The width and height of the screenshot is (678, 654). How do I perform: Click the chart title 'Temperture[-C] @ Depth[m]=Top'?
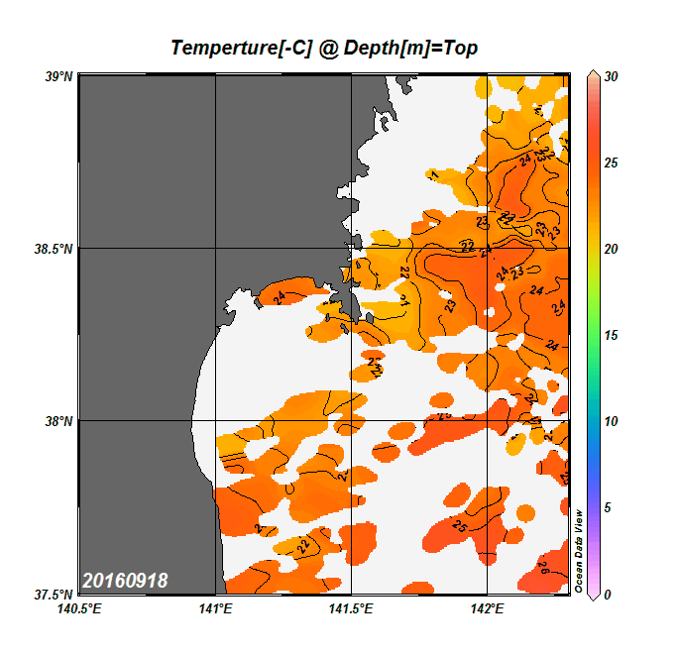[x=325, y=48]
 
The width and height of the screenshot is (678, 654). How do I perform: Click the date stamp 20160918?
[x=125, y=581]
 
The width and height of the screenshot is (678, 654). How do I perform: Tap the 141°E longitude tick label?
[x=215, y=608]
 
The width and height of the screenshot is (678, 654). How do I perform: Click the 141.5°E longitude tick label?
[x=352, y=608]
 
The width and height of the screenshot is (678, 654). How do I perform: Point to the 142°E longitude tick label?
[x=488, y=608]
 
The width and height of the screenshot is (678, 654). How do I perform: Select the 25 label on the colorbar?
[x=611, y=163]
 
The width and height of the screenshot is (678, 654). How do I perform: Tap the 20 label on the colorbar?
[x=611, y=249]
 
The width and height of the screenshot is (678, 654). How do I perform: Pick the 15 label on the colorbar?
[x=611, y=335]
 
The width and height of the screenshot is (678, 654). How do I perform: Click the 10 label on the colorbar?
[x=611, y=421]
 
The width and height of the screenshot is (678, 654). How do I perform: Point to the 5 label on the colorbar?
[x=608, y=507]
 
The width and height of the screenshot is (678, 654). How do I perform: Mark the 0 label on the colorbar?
[x=608, y=594]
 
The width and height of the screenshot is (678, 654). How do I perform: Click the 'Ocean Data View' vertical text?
[x=579, y=551]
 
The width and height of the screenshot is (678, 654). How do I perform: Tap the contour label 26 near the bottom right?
[x=543, y=568]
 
